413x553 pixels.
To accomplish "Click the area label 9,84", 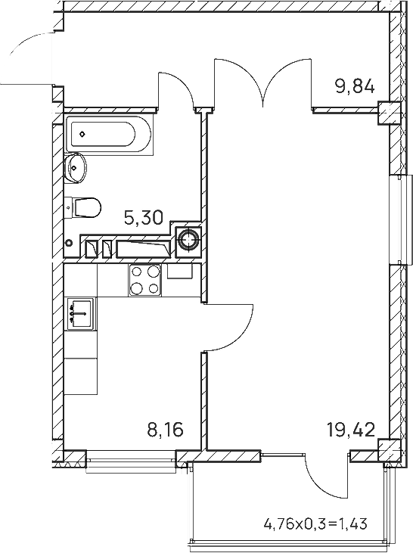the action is point(355,86).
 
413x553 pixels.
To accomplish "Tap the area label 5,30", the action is point(144,218).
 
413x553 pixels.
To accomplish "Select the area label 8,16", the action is point(165,430).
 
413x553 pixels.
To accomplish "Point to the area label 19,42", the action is point(351,430).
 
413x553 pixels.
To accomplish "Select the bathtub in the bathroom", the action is point(110,135).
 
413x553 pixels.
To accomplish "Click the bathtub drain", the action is point(82,134).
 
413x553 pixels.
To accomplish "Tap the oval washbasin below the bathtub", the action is point(76,168).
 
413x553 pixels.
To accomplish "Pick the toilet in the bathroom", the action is point(85,207).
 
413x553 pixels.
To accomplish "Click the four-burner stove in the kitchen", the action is point(145,280).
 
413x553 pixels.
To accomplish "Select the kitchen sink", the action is point(81,314).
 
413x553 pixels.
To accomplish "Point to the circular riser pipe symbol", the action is point(188,240).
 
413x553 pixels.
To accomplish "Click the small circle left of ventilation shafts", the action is point(70,243).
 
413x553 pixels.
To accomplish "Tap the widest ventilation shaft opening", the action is point(144,249).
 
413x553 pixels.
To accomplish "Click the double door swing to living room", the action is point(263,83).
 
